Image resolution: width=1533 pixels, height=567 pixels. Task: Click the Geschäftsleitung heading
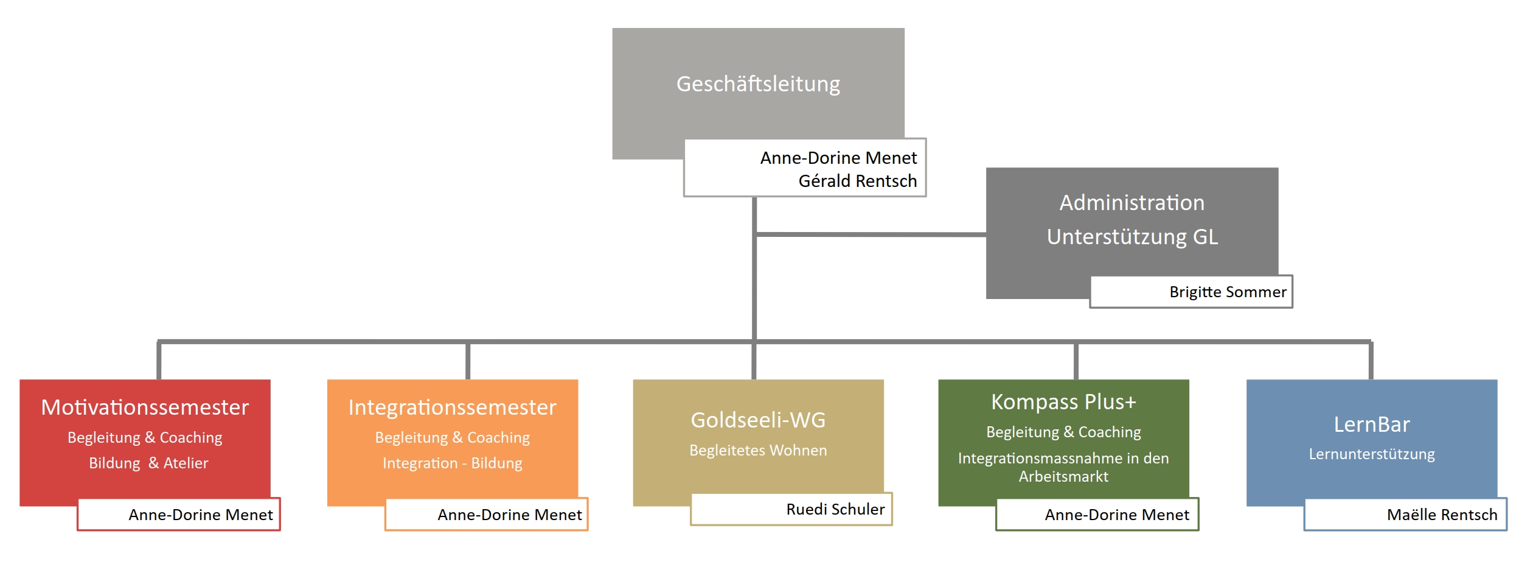coord(758,84)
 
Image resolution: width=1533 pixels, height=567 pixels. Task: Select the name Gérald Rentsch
coord(857,181)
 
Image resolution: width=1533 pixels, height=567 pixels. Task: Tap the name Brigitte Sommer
coord(1228,292)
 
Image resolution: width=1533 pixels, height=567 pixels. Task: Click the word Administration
coord(1131,203)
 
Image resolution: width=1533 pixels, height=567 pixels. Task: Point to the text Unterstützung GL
coord(1132,237)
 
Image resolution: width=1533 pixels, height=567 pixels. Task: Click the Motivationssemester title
coord(145,407)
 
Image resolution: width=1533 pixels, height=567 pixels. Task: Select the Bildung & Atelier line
coord(148,463)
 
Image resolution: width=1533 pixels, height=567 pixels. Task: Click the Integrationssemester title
coord(452,407)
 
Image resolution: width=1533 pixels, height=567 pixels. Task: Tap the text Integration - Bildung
coord(452,463)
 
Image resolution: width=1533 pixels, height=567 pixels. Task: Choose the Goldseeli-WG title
coord(758,420)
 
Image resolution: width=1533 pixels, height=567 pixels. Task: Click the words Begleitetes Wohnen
coord(758,450)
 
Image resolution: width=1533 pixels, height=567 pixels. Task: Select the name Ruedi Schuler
coord(835,509)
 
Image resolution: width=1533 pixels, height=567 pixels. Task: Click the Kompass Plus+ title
coord(1063,402)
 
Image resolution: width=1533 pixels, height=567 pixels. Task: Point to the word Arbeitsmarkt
coord(1063,476)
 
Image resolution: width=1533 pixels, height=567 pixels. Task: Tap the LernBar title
coord(1372,424)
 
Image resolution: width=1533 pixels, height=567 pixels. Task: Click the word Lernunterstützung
coord(1372,454)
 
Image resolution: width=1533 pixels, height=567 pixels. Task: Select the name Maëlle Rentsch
coord(1442,515)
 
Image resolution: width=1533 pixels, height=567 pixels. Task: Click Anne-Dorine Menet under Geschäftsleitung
coord(838,158)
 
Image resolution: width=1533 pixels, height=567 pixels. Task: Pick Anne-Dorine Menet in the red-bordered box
coord(201,515)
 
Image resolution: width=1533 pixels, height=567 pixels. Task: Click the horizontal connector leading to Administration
coord(870,234)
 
